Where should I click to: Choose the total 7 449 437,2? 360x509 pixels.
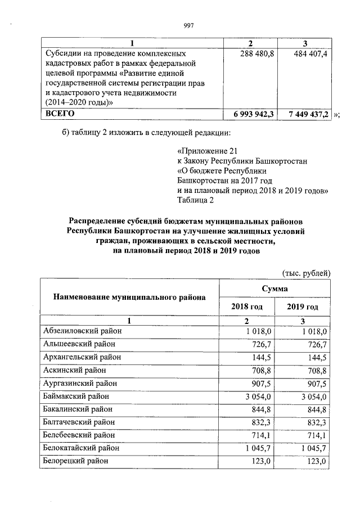(x=307, y=114)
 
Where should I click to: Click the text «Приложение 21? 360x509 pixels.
(x=203, y=152)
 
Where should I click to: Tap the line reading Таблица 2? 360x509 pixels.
(x=195, y=200)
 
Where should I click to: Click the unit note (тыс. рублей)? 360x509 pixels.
(x=306, y=273)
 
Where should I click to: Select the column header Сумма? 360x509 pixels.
(x=274, y=288)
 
